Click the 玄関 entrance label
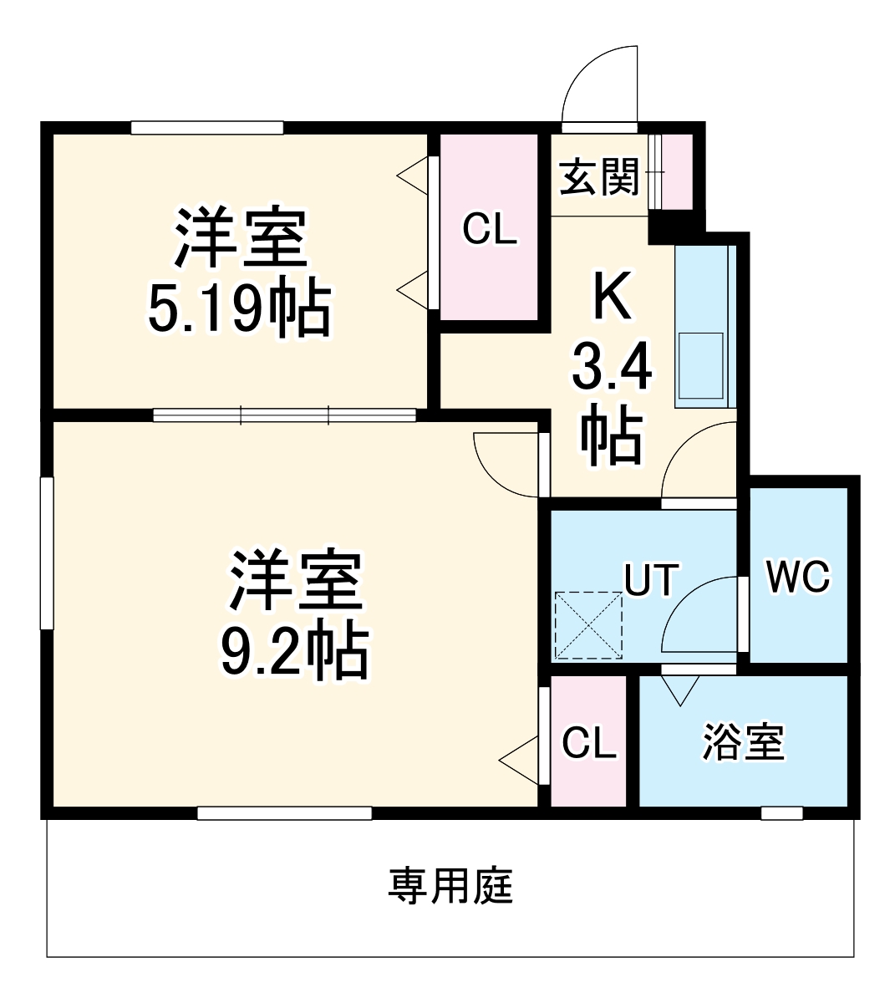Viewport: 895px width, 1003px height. (x=598, y=177)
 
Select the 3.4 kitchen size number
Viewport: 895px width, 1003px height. (x=612, y=368)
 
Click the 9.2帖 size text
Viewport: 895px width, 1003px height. (x=294, y=650)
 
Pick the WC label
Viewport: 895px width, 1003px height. (x=799, y=577)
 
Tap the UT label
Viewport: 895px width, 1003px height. (x=652, y=579)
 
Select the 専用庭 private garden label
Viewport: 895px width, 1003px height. (x=450, y=886)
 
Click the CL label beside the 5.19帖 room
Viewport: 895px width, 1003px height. (x=491, y=228)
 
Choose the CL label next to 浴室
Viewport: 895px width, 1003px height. (x=589, y=742)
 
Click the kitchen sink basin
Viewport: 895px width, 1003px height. (x=700, y=365)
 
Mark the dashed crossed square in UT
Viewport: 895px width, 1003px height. (x=589, y=625)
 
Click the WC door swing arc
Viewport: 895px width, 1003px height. (x=698, y=614)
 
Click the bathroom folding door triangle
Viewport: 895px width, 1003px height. (x=679, y=689)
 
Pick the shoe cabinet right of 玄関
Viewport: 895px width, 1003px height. (x=672, y=171)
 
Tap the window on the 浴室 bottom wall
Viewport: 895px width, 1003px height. (x=782, y=812)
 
